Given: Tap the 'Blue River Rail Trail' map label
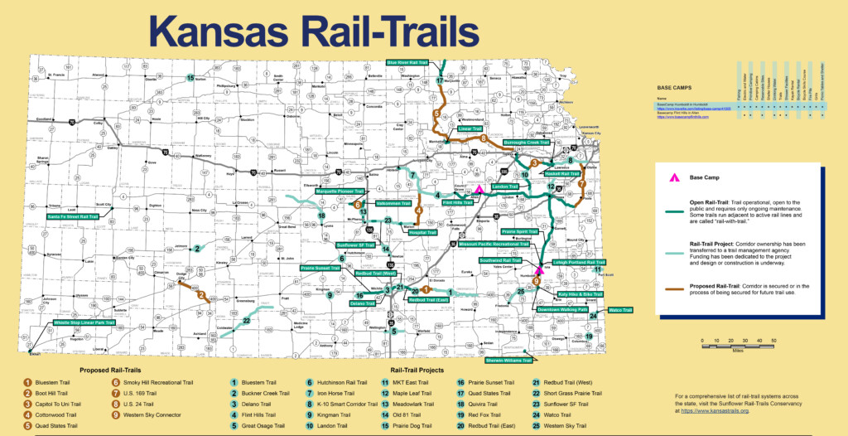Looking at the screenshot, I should [411, 62].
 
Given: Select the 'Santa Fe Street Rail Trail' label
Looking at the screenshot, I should [72, 217].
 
